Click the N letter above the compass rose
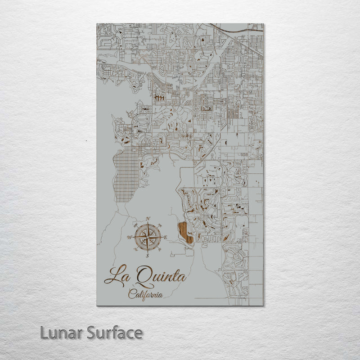[148, 219]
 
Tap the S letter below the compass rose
[147, 256]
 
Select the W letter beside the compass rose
[129, 238]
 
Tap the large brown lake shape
[185, 232]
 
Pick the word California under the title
[145, 295]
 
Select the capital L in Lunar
[44, 333]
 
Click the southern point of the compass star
[148, 251]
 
